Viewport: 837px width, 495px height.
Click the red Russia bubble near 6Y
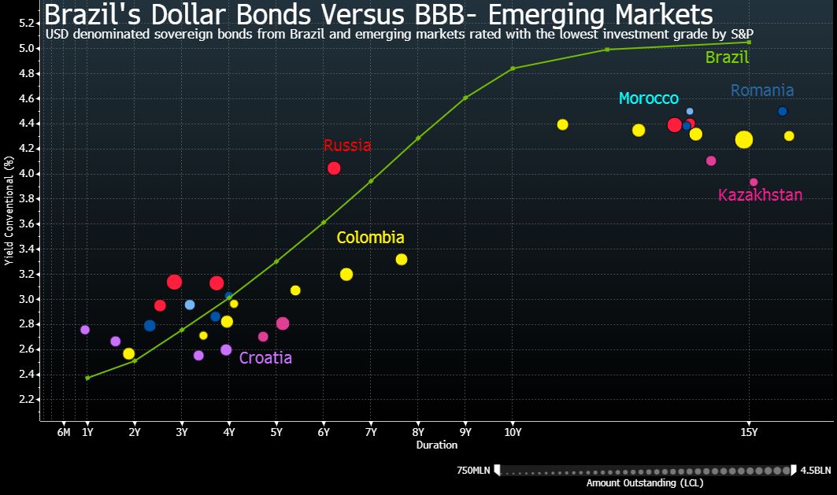coord(334,168)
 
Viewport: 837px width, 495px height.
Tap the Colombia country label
coord(370,238)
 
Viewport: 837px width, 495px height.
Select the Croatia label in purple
coord(265,358)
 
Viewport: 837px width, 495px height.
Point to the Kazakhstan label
coord(760,195)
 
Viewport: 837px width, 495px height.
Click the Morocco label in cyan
coord(648,98)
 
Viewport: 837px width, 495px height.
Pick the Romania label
coord(761,91)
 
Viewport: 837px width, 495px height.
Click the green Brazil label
coord(727,57)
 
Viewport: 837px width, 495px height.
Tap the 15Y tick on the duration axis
coord(749,431)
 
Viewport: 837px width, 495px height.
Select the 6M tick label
coord(64,431)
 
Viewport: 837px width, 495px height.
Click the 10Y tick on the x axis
coord(513,431)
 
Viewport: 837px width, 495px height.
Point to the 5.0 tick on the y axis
coord(27,49)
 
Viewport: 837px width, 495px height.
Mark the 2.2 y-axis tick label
coord(27,400)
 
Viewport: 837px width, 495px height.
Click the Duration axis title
coord(437,445)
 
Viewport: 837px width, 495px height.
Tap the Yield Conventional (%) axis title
coord(9,210)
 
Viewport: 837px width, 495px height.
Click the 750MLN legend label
coord(473,471)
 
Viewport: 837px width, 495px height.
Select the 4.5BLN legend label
coord(815,471)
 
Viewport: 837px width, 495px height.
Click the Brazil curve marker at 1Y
coord(87,378)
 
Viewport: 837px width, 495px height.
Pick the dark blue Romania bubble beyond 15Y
coord(782,111)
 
